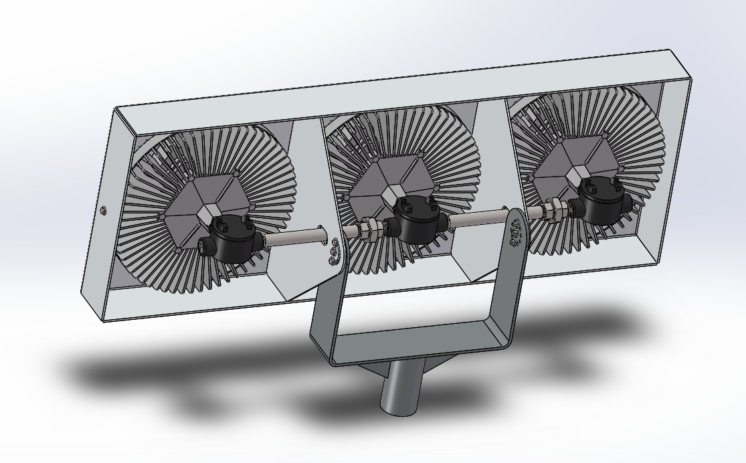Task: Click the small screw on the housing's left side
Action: pos(103,211)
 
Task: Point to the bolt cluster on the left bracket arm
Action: pos(335,252)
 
